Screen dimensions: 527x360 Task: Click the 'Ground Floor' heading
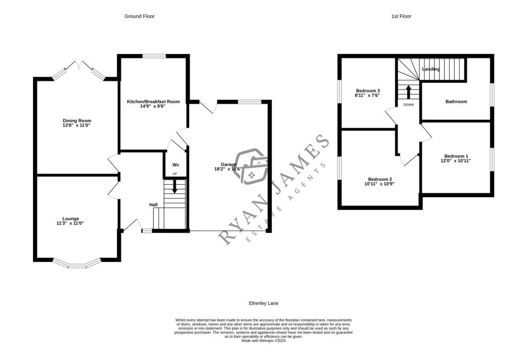tap(139, 16)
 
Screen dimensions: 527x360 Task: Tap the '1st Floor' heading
tap(401, 16)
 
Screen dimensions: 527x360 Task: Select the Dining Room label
tap(77, 120)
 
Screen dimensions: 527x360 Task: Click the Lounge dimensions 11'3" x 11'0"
tap(70, 223)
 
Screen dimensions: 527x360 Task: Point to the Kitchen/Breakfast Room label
tap(153, 101)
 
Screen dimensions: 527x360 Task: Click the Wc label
tap(176, 165)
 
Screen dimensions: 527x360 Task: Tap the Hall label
tap(153, 205)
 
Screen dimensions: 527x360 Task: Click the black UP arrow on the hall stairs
tap(174, 187)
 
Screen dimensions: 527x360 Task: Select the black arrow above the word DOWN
tap(409, 92)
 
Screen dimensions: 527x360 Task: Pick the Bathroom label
tap(456, 101)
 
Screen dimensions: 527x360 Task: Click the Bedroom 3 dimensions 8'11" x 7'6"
tap(367, 95)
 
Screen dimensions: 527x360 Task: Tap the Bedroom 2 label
tap(380, 179)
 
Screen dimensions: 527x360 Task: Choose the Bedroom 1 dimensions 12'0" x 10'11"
tap(456, 160)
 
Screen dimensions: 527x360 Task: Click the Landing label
tap(431, 69)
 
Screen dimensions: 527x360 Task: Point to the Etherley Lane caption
tap(263, 303)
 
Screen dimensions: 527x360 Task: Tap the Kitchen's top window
tap(154, 56)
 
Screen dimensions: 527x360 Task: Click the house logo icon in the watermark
tap(251, 167)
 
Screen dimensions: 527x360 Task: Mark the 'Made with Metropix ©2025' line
tap(263, 340)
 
